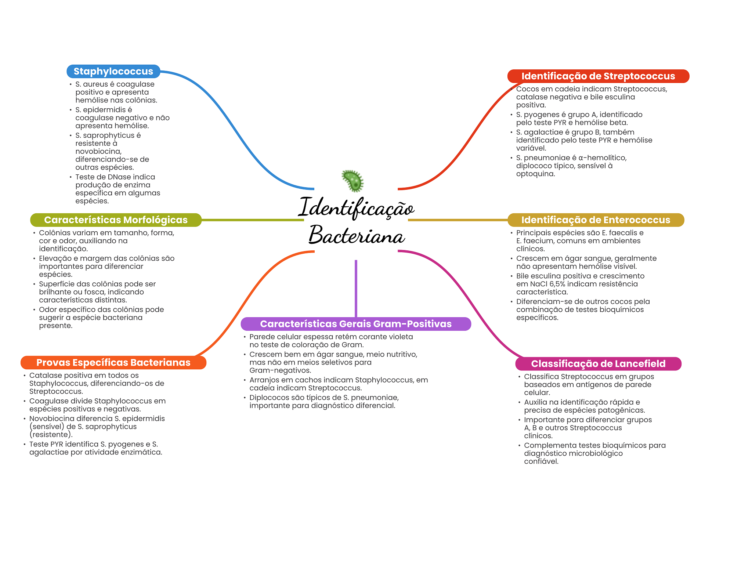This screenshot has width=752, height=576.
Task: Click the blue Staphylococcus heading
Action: click(x=113, y=71)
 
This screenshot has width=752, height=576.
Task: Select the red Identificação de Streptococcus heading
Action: click(x=598, y=76)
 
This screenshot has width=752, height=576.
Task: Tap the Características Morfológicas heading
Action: click(x=116, y=220)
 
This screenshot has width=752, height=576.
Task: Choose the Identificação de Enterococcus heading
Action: click(x=596, y=220)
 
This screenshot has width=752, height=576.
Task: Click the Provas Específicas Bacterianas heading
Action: click(x=113, y=362)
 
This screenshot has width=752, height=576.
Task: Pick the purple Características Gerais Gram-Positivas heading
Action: click(x=356, y=324)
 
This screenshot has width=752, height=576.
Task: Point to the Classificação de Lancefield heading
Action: click(x=598, y=363)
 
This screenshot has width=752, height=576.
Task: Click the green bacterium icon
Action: click(x=353, y=181)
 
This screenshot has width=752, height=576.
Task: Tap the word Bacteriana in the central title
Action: click(x=357, y=235)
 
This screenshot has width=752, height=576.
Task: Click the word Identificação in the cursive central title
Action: click(x=356, y=208)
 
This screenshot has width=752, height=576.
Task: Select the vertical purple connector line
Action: click(x=356, y=289)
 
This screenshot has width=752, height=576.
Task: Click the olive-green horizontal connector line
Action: click(x=253, y=220)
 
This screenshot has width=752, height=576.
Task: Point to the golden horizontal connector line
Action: click(x=458, y=220)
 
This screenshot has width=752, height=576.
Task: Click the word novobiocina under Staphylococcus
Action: click(x=98, y=151)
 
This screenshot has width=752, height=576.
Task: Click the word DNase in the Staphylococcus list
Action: click(x=120, y=177)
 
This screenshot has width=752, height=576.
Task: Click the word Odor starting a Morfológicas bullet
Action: click(x=48, y=309)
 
